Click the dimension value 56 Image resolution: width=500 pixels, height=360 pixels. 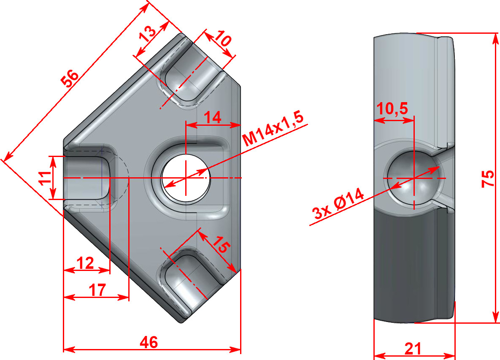click(70, 78)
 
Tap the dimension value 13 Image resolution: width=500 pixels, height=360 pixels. click(148, 33)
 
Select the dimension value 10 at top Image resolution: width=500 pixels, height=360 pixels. click(223, 40)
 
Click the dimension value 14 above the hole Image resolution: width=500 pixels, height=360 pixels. click(213, 117)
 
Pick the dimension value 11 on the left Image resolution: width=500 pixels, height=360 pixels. click(45, 178)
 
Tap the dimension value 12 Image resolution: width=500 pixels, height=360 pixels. click(85, 263)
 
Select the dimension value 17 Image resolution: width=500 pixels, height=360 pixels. click(97, 290)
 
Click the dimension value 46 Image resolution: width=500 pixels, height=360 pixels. click(149, 342)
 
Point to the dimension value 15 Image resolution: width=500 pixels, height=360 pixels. click(221, 245)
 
